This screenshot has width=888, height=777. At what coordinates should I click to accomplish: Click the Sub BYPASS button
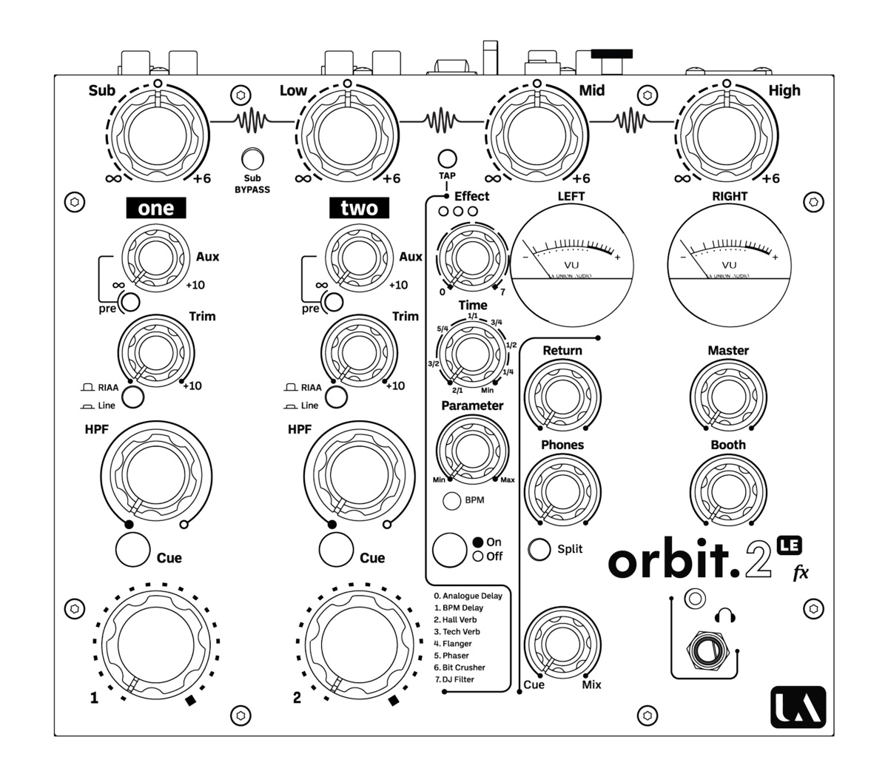tap(253, 159)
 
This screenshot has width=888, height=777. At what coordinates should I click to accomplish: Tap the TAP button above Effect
tap(447, 158)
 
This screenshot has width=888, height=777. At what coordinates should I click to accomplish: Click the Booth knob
tap(727, 488)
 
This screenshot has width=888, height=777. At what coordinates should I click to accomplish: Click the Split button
tap(539, 549)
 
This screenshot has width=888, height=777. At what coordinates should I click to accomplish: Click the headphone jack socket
tap(704, 650)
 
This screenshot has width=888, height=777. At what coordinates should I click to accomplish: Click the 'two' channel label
tap(359, 208)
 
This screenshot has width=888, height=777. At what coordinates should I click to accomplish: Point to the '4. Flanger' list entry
tap(453, 644)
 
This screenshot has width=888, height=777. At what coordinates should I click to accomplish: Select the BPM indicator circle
tap(452, 501)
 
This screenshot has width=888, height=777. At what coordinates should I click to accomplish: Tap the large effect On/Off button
tap(450, 549)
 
